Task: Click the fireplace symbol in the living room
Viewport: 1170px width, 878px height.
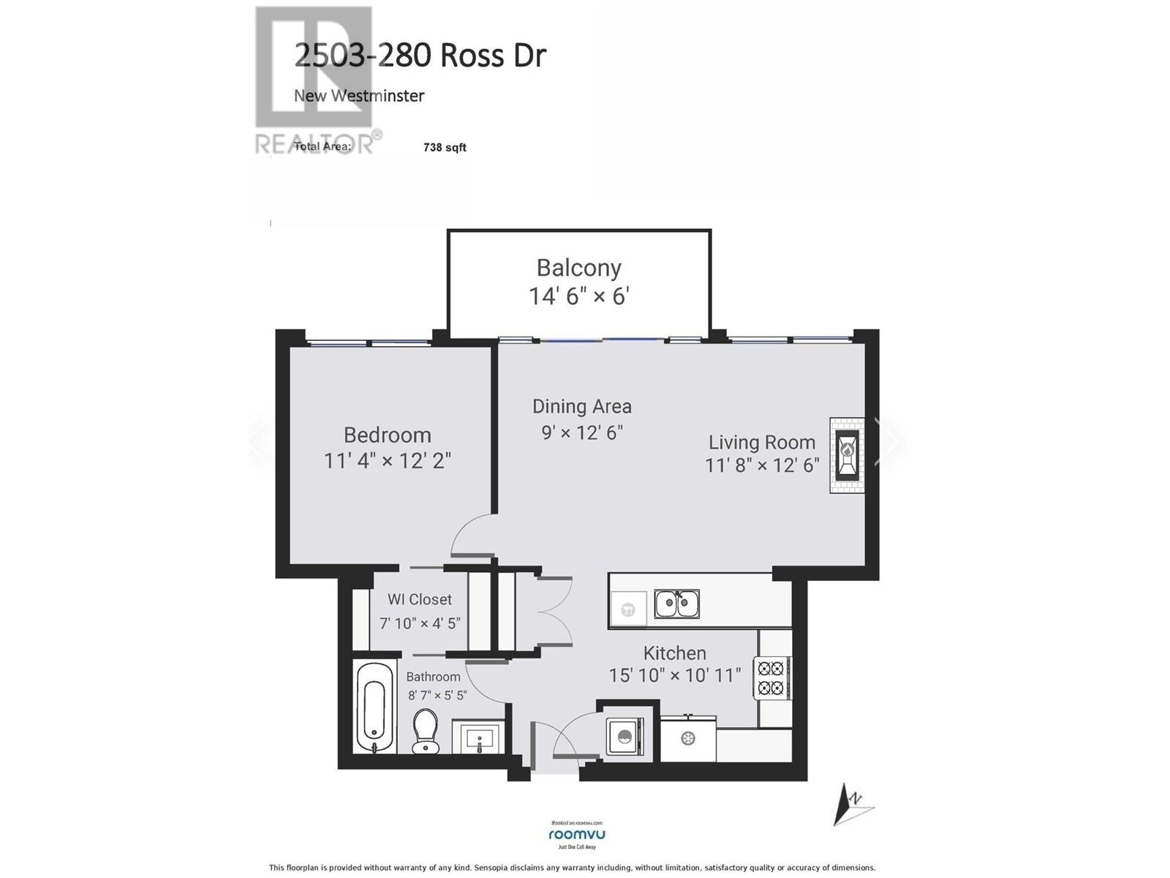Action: pyautogui.click(x=847, y=455)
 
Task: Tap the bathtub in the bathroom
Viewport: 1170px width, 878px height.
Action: pyautogui.click(x=374, y=707)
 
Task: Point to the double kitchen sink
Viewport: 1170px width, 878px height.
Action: pyautogui.click(x=676, y=604)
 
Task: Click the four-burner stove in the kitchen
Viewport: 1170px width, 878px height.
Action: pyautogui.click(x=771, y=678)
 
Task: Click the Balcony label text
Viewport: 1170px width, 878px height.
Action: pyautogui.click(x=578, y=268)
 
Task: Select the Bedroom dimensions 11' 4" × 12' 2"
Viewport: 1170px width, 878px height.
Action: pyautogui.click(x=387, y=461)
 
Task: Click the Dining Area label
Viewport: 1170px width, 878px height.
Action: pyautogui.click(x=581, y=406)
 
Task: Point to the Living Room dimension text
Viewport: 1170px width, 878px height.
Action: pyautogui.click(x=761, y=465)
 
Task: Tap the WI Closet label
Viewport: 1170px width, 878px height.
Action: pyautogui.click(x=419, y=599)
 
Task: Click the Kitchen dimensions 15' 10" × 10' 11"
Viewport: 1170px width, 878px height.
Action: pyautogui.click(x=674, y=675)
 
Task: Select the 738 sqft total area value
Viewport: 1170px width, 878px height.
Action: pyautogui.click(x=445, y=147)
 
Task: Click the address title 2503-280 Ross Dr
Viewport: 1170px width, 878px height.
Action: pyautogui.click(x=420, y=56)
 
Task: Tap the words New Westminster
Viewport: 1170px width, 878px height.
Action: pyautogui.click(x=358, y=96)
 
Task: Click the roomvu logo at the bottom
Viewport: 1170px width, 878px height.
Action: pyautogui.click(x=576, y=835)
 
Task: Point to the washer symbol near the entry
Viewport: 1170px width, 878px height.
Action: pyautogui.click(x=624, y=735)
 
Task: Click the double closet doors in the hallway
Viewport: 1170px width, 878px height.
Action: pyautogui.click(x=554, y=611)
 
